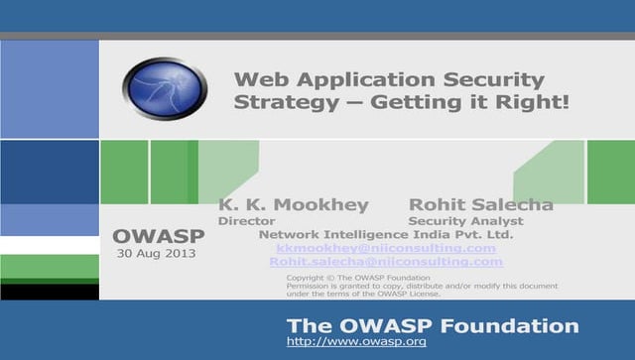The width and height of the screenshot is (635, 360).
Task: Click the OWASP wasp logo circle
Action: click(165, 89)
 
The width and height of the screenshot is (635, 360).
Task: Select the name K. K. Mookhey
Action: click(293, 205)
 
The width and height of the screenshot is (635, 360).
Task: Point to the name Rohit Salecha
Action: click(481, 205)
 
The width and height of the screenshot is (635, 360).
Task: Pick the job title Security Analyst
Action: click(465, 221)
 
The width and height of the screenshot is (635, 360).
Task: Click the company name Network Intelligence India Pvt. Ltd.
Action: click(385, 235)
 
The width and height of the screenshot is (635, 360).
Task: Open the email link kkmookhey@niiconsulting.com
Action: click(386, 248)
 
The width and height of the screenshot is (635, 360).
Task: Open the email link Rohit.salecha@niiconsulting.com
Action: click(386, 262)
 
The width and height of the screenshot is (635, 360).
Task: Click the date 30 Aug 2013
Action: click(157, 253)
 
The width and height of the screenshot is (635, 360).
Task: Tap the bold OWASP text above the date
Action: click(159, 236)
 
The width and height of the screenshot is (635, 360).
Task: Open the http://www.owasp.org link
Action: click(356, 341)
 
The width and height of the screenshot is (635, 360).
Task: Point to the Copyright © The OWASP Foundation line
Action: click(357, 278)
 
